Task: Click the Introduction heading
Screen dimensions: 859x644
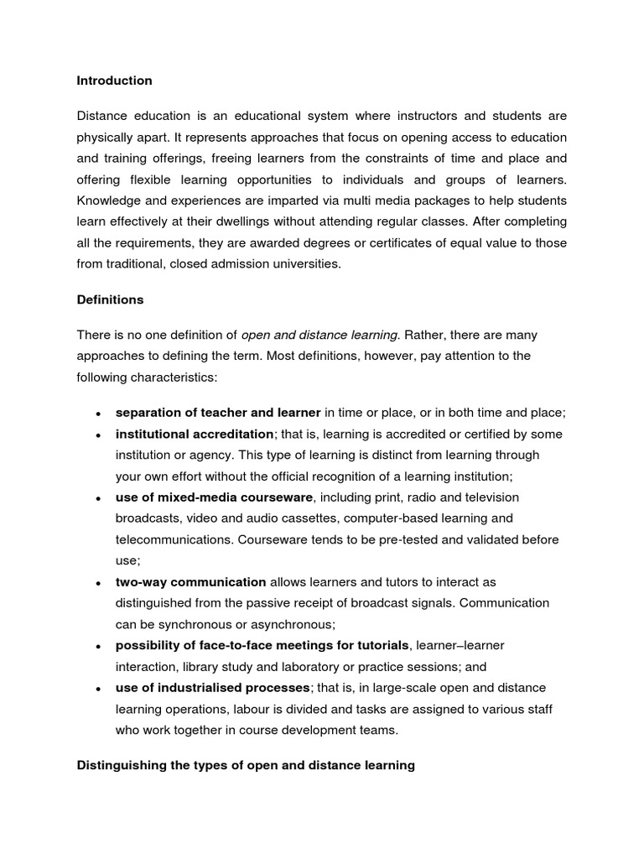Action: [x=114, y=81]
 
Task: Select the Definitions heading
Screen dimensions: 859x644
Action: [x=110, y=299]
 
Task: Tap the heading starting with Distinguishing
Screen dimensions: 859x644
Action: [x=246, y=766]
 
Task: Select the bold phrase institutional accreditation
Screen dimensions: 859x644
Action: [x=195, y=435]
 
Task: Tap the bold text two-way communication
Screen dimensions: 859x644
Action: [x=190, y=582]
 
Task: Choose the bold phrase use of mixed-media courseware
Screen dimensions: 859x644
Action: [x=214, y=497]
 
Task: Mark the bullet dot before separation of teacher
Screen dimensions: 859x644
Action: [x=99, y=414]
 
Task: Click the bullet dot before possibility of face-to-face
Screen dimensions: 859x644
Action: [x=99, y=646]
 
